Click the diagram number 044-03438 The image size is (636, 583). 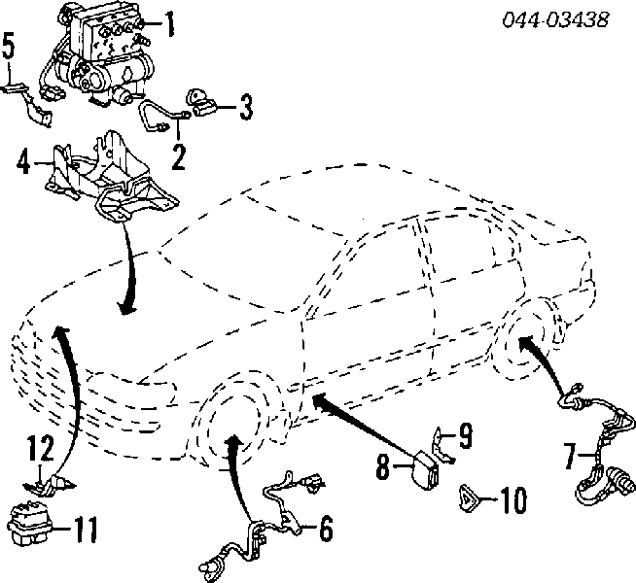click(x=555, y=19)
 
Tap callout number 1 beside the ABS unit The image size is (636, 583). click(x=170, y=24)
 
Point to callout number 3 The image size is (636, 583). click(x=246, y=107)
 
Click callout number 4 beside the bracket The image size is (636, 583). click(x=24, y=162)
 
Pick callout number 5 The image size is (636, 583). click(x=9, y=46)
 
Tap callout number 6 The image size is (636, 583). click(x=326, y=528)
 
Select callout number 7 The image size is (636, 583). click(x=570, y=456)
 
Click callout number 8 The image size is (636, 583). click(x=383, y=466)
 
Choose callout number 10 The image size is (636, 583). click(x=513, y=499)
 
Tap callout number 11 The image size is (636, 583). click(x=86, y=530)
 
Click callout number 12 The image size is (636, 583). click(x=41, y=447)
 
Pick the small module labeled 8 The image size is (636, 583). click(x=426, y=472)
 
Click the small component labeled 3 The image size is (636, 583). click(x=201, y=103)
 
